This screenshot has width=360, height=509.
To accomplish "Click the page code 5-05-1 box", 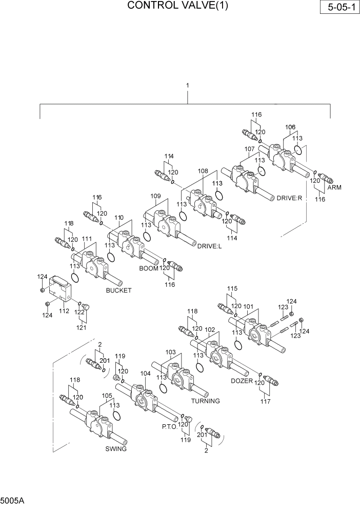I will click(339, 8).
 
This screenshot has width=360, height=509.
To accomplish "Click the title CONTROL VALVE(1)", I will click(177, 6).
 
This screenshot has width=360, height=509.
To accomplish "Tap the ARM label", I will click(334, 187).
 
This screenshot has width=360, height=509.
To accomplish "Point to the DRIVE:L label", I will click(209, 246).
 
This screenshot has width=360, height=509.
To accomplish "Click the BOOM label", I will click(149, 268).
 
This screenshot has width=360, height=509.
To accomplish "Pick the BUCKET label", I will click(118, 290).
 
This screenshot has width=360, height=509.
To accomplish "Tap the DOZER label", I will click(242, 381).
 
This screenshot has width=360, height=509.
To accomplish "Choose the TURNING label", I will click(205, 401).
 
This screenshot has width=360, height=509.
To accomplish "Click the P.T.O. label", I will click(169, 426).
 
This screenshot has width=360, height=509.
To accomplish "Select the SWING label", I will click(116, 448).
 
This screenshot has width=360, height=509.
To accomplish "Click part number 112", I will click(64, 311).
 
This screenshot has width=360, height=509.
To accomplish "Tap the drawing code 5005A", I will click(11, 499).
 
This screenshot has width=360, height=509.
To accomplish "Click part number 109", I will click(156, 196).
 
